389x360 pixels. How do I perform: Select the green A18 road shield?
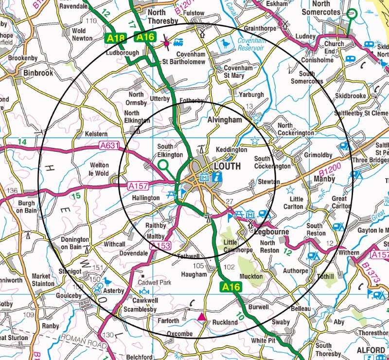[x=115, y=37]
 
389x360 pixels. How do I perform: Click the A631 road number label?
[x=109, y=145]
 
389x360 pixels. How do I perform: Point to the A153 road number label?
[x=160, y=246]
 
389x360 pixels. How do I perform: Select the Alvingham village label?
[x=224, y=120]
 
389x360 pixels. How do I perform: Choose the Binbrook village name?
[x=38, y=73]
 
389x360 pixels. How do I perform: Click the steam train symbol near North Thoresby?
[x=178, y=43]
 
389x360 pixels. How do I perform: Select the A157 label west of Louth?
[x=138, y=186]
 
